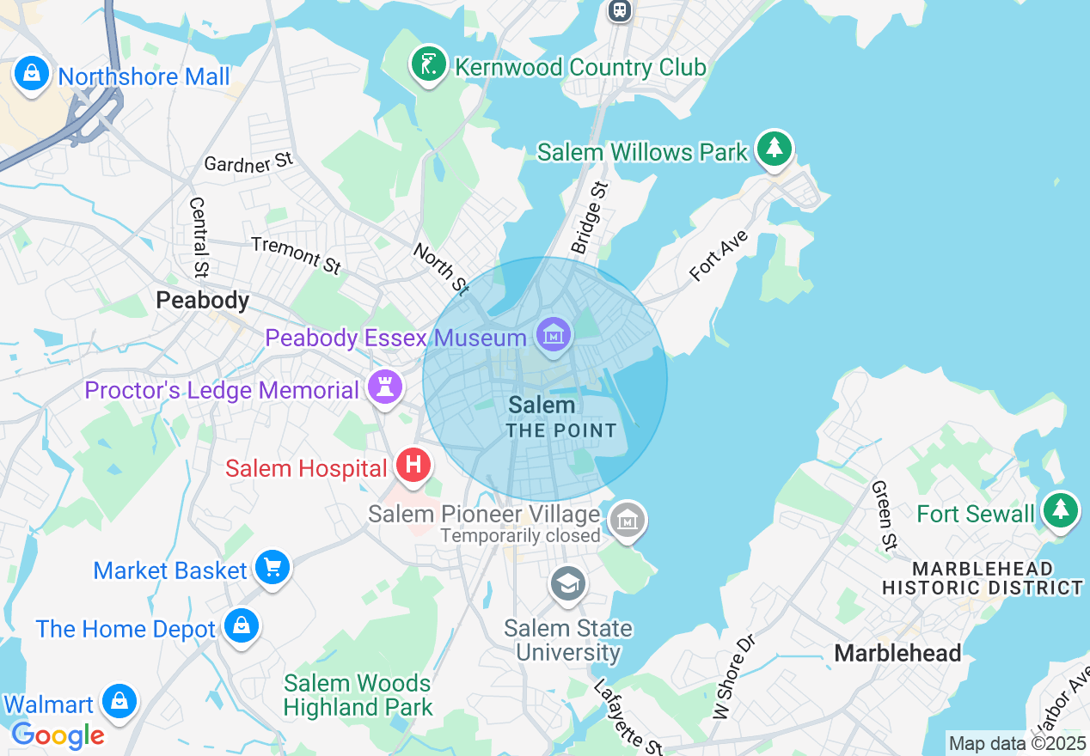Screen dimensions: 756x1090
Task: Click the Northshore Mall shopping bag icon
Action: (32, 75)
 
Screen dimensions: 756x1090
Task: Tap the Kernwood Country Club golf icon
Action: (428, 64)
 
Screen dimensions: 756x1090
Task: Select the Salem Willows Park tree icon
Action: (775, 149)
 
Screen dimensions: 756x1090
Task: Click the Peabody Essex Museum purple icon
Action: (554, 335)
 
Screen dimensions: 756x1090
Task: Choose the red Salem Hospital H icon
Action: (413, 466)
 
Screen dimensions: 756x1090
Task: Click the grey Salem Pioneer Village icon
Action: (628, 520)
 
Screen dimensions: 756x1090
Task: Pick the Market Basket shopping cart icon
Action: (272, 568)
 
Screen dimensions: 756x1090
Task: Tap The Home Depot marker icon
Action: (241, 626)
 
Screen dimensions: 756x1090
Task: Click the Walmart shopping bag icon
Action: (119, 702)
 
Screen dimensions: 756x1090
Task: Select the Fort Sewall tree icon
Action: (1060, 511)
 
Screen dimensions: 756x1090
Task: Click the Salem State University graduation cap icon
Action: (567, 585)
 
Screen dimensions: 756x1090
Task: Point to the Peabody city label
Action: (202, 300)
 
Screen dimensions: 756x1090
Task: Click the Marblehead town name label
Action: (897, 653)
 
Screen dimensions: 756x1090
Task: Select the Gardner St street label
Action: (249, 162)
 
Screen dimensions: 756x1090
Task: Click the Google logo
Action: (58, 735)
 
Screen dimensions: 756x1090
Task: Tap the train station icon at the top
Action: (619, 9)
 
